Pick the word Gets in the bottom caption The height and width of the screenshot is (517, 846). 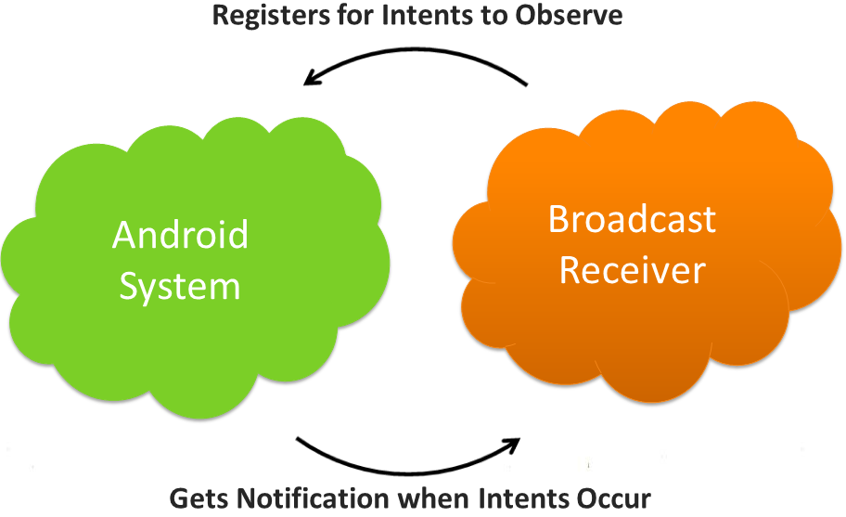[198, 498]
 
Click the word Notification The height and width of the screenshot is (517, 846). [314, 498]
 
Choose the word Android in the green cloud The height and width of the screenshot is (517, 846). [180, 235]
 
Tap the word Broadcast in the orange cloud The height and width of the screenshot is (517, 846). [632, 220]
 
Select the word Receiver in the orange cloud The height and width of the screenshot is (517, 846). [632, 270]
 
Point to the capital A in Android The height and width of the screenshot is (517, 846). [124, 235]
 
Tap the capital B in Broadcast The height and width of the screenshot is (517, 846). [558, 220]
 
